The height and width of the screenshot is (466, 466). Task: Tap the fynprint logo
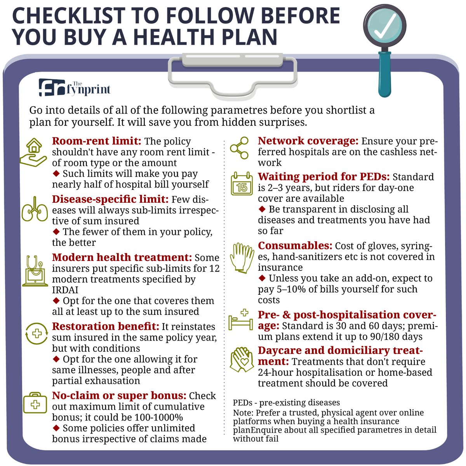(75, 88)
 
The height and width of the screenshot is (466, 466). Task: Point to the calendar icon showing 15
(242, 184)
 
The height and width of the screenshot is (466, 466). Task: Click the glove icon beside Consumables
(242, 257)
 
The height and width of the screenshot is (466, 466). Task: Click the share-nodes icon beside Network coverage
(239, 148)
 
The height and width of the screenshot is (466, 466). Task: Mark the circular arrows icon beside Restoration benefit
(37, 334)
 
